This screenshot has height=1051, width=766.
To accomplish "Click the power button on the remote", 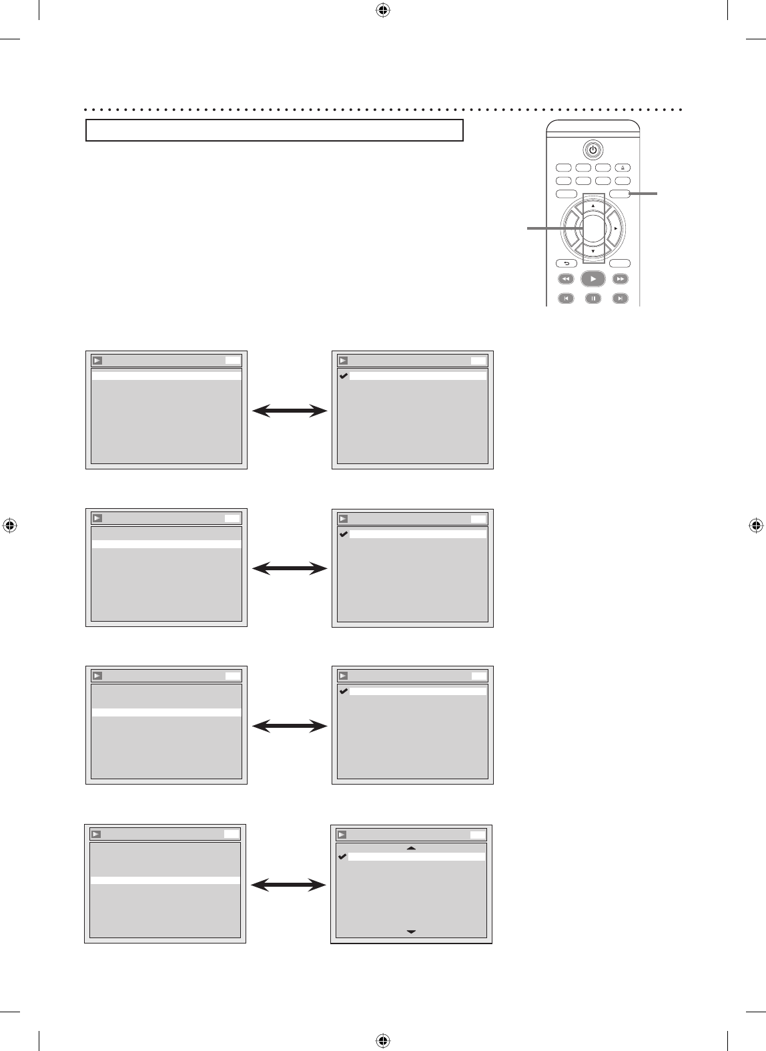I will tap(593, 149).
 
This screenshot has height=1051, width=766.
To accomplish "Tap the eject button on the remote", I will tap(623, 168).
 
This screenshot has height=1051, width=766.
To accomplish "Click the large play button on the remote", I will tap(593, 279).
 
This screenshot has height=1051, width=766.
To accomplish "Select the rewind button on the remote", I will tap(564, 279).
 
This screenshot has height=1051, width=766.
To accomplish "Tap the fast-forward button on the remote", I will tap(621, 279).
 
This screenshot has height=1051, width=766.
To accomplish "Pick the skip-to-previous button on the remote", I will tap(564, 298).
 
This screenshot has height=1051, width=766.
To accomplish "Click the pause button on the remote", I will tap(593, 298).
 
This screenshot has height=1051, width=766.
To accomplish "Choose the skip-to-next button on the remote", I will tap(621, 298).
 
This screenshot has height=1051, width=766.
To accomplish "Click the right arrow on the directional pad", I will tap(615, 228).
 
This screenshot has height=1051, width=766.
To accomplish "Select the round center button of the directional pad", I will tap(593, 228).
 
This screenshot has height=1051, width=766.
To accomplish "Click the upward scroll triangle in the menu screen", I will tap(411, 847).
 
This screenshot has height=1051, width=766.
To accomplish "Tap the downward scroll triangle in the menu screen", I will tap(411, 931).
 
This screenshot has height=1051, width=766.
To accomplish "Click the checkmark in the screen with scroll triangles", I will tap(343, 857).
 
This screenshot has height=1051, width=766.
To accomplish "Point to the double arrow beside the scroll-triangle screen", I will tap(289, 885).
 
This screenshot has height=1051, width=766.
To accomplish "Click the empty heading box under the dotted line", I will tap(274, 130).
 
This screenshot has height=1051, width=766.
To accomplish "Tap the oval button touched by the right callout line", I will tap(620, 194).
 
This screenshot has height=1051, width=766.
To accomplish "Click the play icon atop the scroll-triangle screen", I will tap(342, 835).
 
